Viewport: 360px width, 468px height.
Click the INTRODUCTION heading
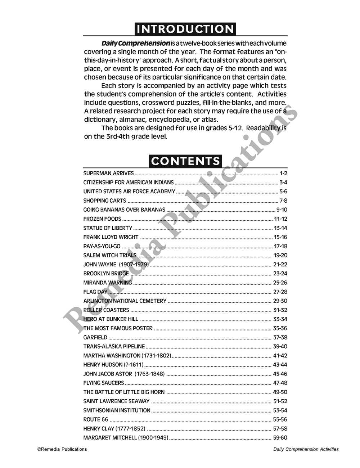pyautogui.click(x=185, y=29)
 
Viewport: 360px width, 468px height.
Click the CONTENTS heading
pyautogui.click(x=185, y=161)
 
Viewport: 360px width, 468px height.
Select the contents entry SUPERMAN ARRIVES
pyautogui.click(x=108, y=173)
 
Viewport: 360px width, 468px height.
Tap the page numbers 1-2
pyautogui.click(x=283, y=173)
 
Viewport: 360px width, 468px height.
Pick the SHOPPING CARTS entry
pyautogui.click(x=105, y=201)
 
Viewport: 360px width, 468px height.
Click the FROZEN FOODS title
pyautogui.click(x=102, y=219)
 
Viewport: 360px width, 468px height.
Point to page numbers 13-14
pyautogui.click(x=280, y=228)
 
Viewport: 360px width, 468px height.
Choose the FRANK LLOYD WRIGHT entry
pyautogui.click(x=111, y=237)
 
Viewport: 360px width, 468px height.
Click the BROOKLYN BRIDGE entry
pyautogui.click(x=106, y=274)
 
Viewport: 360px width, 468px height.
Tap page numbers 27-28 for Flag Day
pyautogui.click(x=280, y=292)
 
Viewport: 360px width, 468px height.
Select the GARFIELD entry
pyautogui.click(x=95, y=337)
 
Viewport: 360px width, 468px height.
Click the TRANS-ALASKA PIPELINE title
pyautogui.click(x=114, y=347)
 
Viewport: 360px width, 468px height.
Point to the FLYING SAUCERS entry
pyautogui.click(x=104, y=383)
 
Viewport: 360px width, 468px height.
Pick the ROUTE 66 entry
pyautogui.click(x=96, y=419)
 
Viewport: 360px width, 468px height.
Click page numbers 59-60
pyautogui.click(x=280, y=438)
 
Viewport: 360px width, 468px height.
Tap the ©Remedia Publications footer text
pyautogui.click(x=62, y=449)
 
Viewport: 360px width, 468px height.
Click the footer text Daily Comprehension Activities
pyautogui.click(x=306, y=449)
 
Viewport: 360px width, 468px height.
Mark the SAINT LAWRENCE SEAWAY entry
pyautogui.click(x=116, y=401)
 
